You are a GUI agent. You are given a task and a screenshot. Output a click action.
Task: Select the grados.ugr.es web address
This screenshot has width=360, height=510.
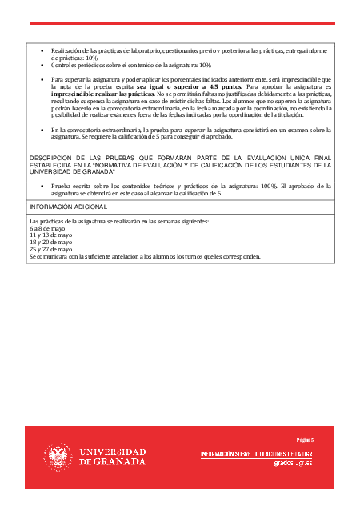(293, 463)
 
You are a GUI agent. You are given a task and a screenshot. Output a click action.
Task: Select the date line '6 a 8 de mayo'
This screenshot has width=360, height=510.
(47, 227)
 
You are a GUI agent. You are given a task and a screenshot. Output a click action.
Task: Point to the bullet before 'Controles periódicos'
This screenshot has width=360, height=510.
(42, 65)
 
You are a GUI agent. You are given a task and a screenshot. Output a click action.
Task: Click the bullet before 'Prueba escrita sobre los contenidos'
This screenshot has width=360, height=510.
(42, 186)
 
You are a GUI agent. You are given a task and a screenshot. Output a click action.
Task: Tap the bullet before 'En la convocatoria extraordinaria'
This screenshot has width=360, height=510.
(42, 130)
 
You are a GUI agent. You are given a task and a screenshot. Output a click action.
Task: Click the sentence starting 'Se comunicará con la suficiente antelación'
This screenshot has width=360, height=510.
(145, 256)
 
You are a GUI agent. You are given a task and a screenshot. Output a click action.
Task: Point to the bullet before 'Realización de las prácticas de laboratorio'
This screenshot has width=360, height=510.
(42, 50)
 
